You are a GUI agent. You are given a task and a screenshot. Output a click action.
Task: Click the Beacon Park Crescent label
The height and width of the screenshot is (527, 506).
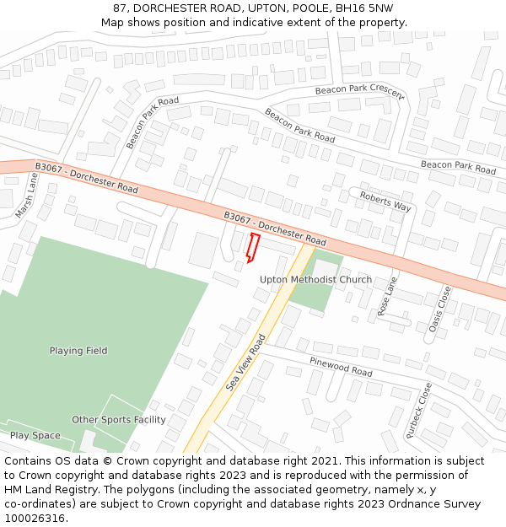358,90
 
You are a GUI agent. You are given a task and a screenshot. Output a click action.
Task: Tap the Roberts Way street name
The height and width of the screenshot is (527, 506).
385,201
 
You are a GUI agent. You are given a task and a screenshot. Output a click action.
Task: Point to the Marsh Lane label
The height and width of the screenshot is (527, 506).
26,196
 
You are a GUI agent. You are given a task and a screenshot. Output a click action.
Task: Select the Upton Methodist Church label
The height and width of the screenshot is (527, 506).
315,280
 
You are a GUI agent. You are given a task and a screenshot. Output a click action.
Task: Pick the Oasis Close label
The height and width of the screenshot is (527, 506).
438,309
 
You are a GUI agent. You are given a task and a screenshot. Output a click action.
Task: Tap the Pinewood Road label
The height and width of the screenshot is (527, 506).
341,366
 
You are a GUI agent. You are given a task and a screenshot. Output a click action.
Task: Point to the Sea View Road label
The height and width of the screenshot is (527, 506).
245,362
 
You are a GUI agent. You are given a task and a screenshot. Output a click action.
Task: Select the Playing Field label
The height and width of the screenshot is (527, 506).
78,351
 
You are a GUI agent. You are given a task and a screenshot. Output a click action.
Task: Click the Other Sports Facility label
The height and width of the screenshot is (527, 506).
119,420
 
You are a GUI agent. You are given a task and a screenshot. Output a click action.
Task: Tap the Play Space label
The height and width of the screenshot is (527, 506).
35,436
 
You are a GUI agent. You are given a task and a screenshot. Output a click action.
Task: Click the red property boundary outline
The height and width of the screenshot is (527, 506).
251,247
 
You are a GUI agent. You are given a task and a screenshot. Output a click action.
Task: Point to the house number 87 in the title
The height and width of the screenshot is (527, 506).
121,8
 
